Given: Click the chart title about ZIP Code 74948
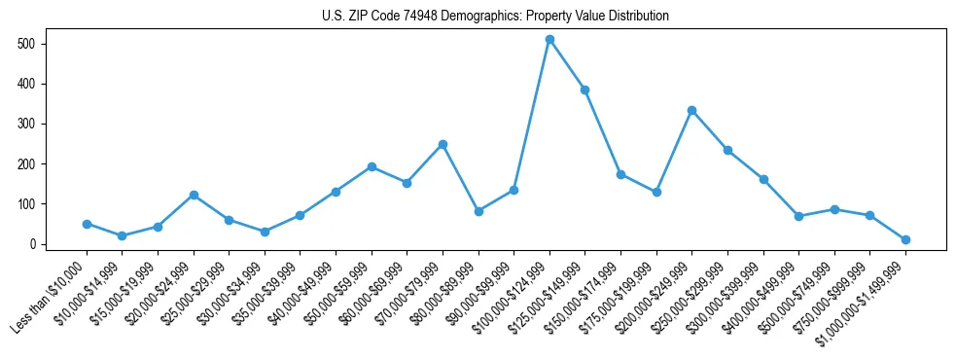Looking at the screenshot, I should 495,17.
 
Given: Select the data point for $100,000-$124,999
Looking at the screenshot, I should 549,40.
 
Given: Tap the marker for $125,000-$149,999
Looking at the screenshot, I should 584,90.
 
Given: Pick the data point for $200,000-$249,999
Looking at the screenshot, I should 691,110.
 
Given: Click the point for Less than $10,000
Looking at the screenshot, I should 87,224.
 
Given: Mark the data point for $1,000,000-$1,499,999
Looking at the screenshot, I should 905,239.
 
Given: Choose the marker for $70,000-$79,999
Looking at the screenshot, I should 443,144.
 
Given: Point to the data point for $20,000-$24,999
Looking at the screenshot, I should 194,195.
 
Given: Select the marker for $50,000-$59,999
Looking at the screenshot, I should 372,166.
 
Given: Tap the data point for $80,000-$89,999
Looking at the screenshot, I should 478,211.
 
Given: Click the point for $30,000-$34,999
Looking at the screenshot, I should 265,232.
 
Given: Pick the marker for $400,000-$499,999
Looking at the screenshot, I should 798,216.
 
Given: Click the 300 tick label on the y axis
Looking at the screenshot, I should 27,124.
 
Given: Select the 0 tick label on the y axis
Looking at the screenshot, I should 32,244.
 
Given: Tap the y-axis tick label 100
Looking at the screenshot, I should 27,204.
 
